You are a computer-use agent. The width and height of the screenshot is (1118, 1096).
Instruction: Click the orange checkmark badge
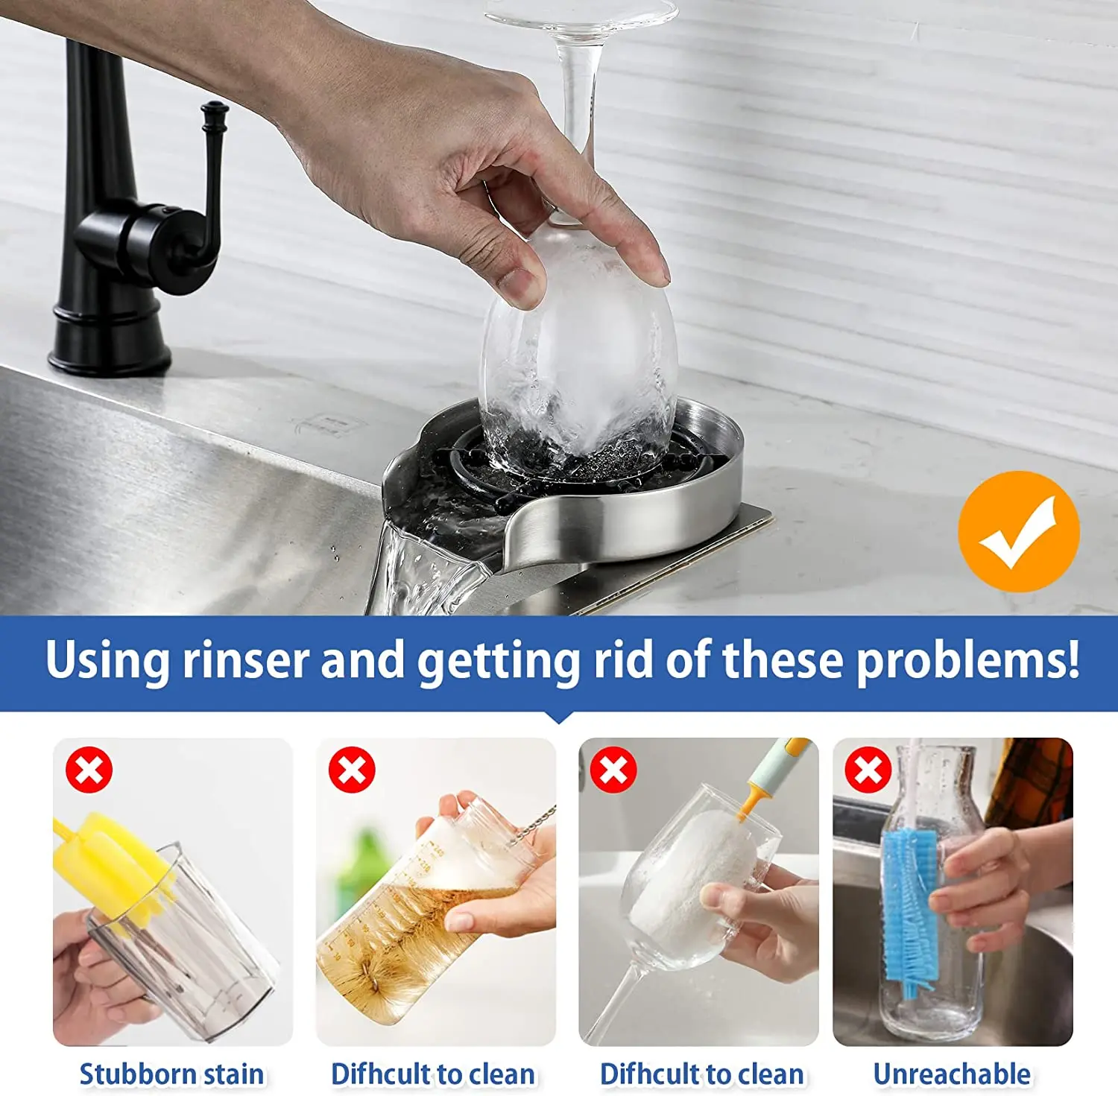(1018, 532)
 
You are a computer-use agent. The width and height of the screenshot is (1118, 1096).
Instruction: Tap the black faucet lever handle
(213, 171)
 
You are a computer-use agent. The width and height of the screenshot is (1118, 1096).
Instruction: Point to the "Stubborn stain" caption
(171, 1074)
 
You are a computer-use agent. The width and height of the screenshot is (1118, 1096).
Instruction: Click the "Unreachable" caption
(952, 1074)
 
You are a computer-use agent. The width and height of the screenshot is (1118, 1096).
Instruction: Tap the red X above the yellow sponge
(89, 770)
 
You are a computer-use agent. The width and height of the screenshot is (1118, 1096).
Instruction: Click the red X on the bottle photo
(868, 770)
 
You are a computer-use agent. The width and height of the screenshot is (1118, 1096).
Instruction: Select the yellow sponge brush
(112, 857)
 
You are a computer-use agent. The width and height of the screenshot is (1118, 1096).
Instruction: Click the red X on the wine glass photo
(613, 770)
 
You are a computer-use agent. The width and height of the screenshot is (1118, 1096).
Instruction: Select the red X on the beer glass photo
(352, 770)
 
